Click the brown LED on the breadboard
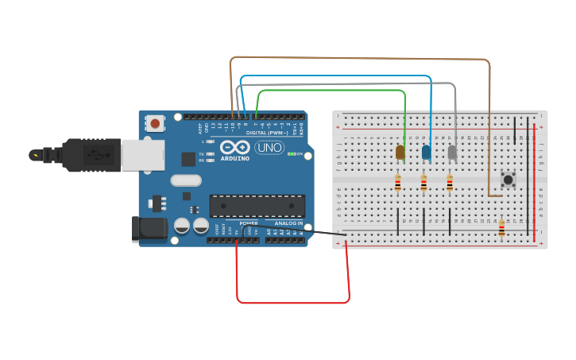(400, 152)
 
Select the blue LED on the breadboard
(427, 152)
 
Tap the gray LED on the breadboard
(452, 152)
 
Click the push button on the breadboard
(508, 180)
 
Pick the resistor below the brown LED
(398, 184)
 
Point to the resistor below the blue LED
(423, 184)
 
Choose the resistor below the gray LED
(449, 184)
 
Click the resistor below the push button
(501, 229)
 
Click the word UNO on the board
(269, 148)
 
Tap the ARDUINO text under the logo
(235, 158)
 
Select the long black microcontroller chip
(257, 206)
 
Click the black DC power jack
(149, 230)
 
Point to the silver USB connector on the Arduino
(143, 155)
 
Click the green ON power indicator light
(292, 154)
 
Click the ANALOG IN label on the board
(288, 223)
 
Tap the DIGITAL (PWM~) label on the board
(267, 133)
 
